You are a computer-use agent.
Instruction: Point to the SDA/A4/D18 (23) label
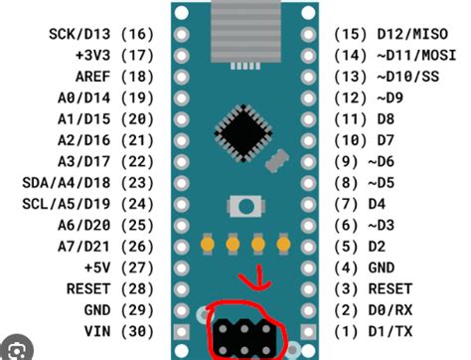[95, 183]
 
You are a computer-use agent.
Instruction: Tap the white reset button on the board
[242, 206]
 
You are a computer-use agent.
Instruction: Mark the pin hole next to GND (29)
[183, 310]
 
